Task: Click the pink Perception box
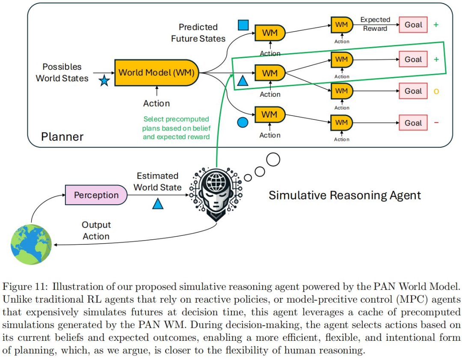pos(96,195)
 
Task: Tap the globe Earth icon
pos(31,244)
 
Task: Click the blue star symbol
pos(104,80)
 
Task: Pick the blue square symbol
pos(243,25)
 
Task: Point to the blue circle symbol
pos(243,122)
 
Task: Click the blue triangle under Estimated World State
pos(158,204)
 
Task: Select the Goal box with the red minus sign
pos(413,123)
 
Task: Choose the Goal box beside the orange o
pos(413,91)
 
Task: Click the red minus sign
pos(436,123)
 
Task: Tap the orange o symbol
pos(436,91)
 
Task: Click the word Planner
pos(62,137)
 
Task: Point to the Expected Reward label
pos(375,24)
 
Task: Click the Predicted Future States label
pos(198,33)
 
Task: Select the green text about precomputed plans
pos(176,128)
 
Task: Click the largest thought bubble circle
pos(273,160)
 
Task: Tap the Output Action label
pos(96,231)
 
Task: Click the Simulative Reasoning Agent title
pos(345,196)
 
